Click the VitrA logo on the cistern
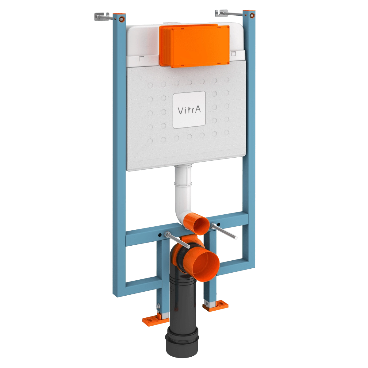pyautogui.click(x=189, y=110)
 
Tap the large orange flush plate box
pyautogui.click(x=194, y=46)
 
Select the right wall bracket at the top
pyautogui.click(x=229, y=13)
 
